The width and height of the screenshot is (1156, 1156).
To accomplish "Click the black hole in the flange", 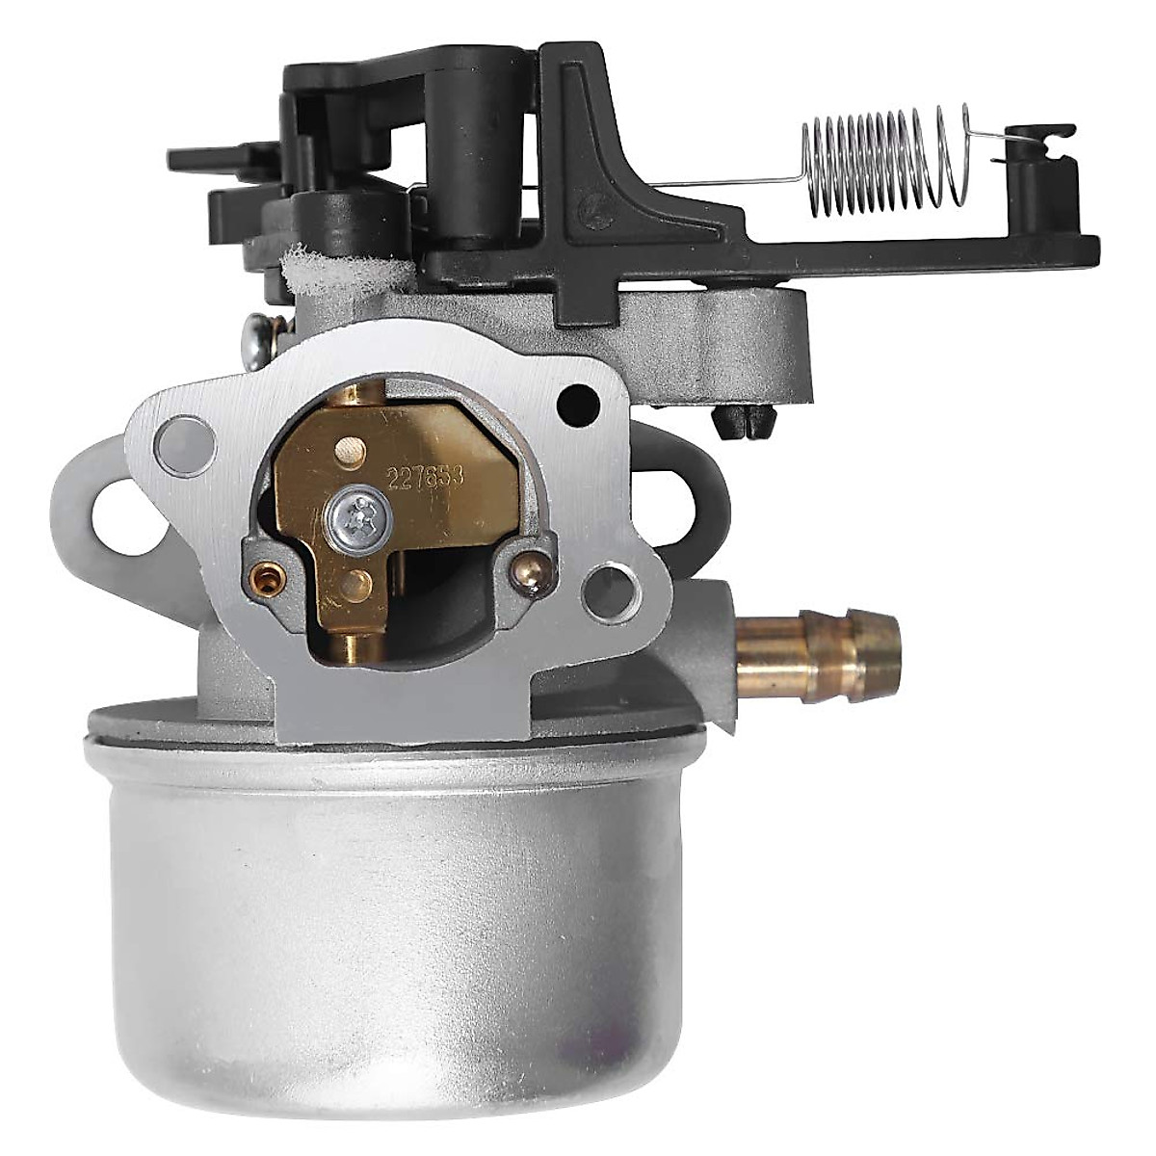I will point(578,394).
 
